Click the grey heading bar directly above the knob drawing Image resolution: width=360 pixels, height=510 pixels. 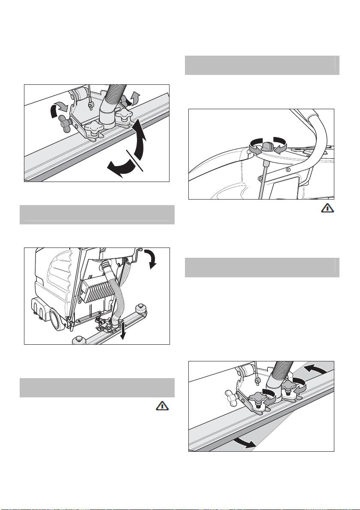pos(262,65)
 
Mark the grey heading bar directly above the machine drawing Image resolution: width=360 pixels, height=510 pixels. pos(97,215)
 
